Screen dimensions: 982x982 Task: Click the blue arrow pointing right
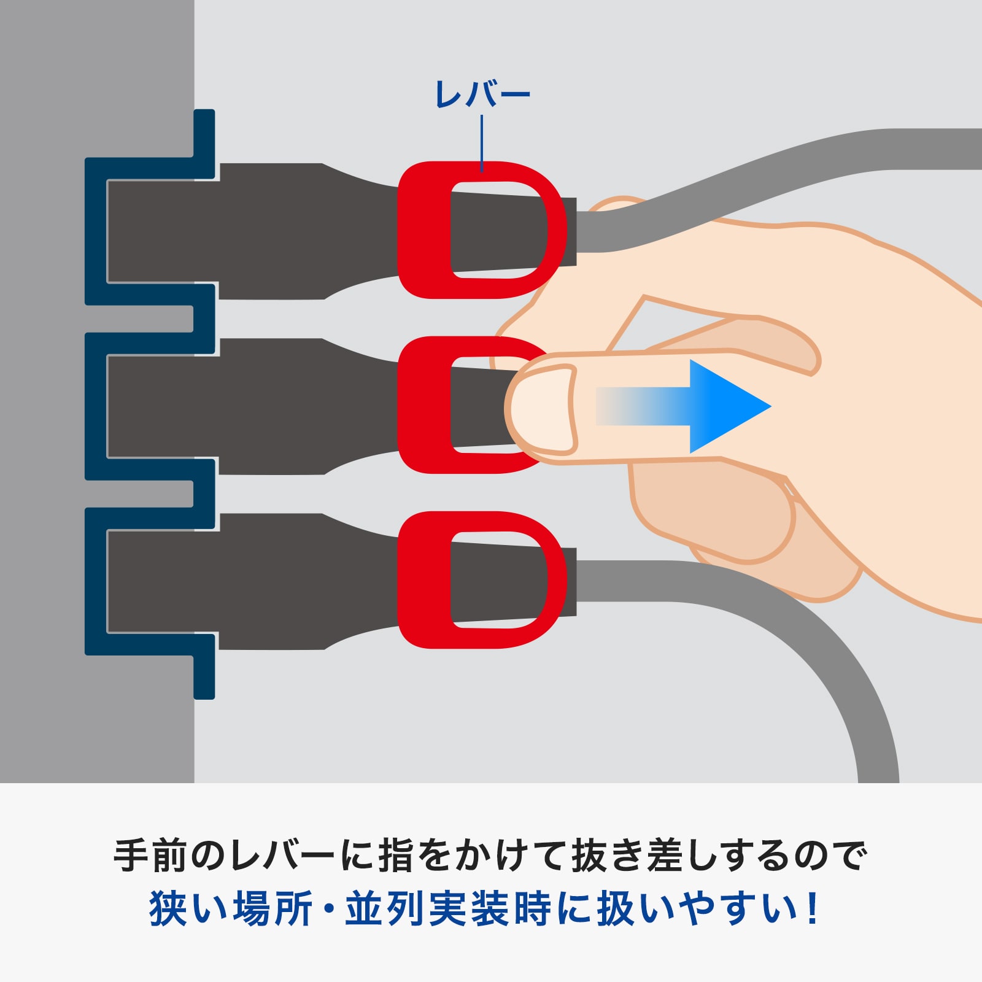tap(706, 406)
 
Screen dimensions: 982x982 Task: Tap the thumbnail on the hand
tap(540, 408)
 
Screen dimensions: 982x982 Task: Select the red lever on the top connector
tap(423, 230)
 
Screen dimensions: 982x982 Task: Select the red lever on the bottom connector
tap(423, 580)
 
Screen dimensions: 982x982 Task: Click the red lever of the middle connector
tap(423, 405)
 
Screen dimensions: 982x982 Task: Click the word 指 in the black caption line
tap(395, 855)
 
